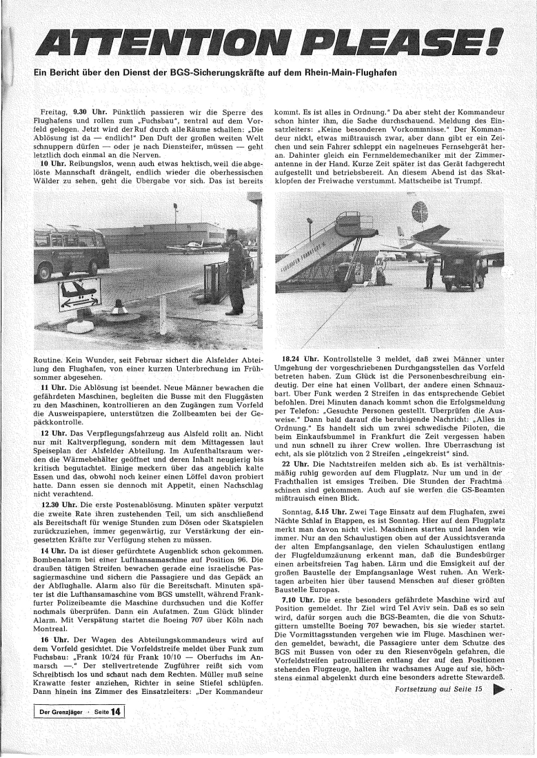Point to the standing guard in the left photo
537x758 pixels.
pyautogui.click(x=235, y=272)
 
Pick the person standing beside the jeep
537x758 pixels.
pyautogui.click(x=430, y=272)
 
